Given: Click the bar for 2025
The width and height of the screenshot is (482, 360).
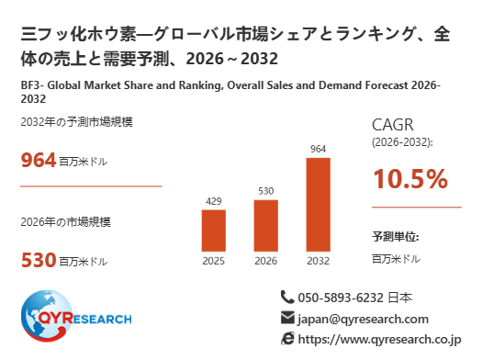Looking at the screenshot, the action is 214,231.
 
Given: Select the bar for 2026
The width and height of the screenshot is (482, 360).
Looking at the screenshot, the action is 266,226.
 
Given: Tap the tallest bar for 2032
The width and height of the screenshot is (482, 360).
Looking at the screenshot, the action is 319,205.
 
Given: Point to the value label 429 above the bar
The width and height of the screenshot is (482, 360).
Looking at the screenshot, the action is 214,201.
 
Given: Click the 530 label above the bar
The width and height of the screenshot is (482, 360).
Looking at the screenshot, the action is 266,191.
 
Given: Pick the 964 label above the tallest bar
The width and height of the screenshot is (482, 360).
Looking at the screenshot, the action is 319,149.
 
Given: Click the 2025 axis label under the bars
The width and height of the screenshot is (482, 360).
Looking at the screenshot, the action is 214,261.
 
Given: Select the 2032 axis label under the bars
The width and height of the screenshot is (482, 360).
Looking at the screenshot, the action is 319,261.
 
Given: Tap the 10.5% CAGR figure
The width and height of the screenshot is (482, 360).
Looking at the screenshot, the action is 410,178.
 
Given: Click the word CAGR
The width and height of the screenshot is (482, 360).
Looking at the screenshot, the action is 393,125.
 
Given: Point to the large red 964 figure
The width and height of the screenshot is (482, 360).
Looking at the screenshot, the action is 39,160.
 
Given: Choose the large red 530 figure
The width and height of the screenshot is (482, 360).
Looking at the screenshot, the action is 39,260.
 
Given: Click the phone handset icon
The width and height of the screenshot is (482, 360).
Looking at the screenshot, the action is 287,297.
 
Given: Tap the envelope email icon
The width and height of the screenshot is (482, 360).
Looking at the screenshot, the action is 287,318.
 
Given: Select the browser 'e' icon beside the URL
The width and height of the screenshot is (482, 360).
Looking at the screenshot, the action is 287,339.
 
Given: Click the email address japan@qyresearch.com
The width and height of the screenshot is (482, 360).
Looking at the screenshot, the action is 363,320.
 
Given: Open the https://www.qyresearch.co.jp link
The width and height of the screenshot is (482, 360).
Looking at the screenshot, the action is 380,340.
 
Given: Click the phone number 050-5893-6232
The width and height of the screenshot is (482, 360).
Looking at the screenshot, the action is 341,298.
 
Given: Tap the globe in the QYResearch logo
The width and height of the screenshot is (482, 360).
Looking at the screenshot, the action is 47,316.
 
